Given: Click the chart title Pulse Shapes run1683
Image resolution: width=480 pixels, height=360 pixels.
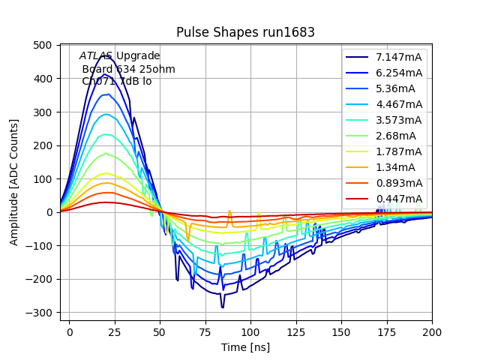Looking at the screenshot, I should (x=245, y=32).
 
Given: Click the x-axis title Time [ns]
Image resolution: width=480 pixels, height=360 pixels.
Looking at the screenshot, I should (x=245, y=347).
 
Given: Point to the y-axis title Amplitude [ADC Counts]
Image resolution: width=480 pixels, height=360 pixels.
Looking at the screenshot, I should (x=14, y=182).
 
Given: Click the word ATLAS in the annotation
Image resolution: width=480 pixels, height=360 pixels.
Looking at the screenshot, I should (x=96, y=56).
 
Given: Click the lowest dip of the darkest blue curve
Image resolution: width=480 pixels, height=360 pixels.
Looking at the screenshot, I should (x=222, y=307).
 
